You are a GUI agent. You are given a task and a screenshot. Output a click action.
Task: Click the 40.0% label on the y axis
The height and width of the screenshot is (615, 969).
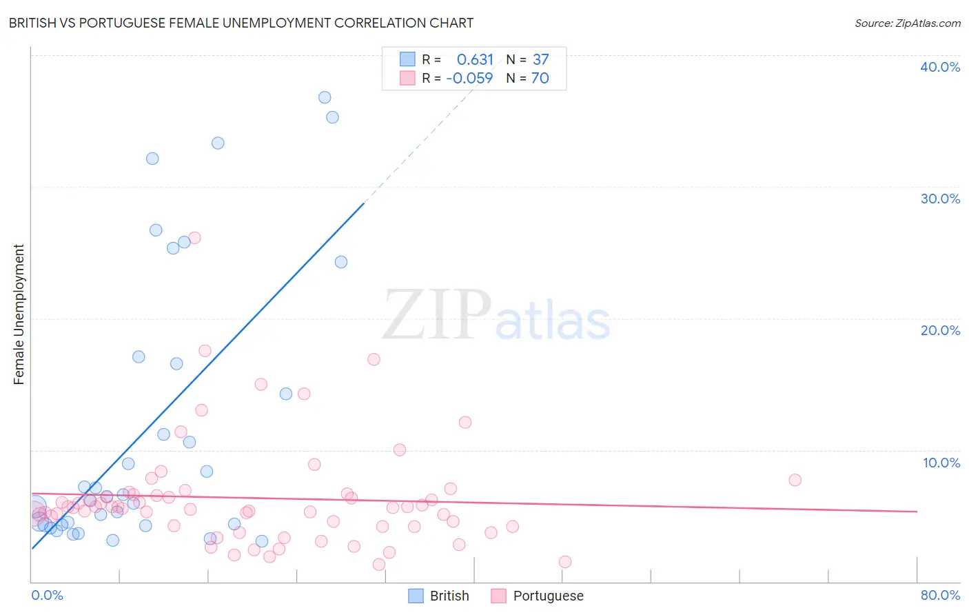[x=939, y=67]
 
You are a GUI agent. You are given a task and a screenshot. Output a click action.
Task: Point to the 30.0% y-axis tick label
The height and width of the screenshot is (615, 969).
[x=939, y=199]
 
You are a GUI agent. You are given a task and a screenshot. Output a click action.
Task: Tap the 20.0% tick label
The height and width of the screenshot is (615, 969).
[x=939, y=330]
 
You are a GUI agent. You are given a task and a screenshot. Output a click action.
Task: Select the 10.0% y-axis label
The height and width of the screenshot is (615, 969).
[x=941, y=463]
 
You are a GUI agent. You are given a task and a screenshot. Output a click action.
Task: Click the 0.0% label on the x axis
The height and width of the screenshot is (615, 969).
[x=47, y=595]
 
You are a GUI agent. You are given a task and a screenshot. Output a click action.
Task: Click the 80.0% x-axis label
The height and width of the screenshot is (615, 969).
[x=940, y=595]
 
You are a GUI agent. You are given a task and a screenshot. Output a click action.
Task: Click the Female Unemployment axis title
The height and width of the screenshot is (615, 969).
[x=19, y=314]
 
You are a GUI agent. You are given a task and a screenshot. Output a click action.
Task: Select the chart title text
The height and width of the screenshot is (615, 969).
[x=241, y=23]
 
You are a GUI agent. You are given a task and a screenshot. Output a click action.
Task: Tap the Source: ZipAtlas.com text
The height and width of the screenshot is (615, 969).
[x=907, y=23]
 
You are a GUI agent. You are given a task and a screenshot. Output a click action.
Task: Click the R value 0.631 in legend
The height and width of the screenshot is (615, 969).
[x=475, y=60]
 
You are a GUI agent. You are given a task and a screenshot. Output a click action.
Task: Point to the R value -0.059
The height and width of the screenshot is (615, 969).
[x=469, y=79]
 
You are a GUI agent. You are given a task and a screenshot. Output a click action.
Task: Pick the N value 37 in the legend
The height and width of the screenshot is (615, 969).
[x=540, y=60]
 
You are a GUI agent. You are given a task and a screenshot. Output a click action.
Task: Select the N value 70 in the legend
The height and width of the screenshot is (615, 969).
[x=540, y=79]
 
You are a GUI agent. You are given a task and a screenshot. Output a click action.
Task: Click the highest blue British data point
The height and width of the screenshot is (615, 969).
[x=325, y=97]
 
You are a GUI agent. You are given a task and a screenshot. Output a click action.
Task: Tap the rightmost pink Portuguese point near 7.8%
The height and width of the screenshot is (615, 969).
[x=795, y=480]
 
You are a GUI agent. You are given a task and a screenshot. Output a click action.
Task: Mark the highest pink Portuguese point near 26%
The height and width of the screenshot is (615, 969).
[x=194, y=238]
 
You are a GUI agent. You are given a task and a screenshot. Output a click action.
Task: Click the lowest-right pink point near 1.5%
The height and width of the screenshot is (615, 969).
[x=565, y=562]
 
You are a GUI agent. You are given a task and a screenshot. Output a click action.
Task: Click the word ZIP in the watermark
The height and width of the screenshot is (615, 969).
[x=437, y=316]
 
